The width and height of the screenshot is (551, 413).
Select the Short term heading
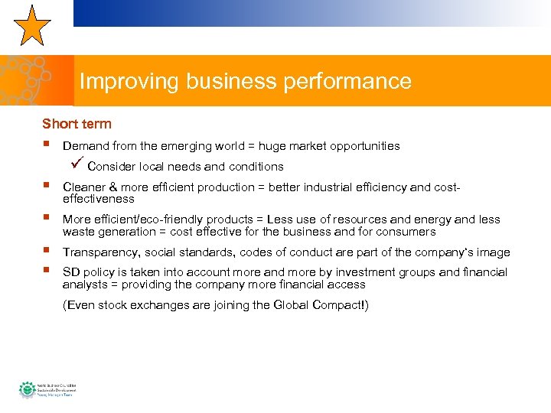click(77, 124)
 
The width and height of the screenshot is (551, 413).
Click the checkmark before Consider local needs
click(75, 165)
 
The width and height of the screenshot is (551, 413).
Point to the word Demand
click(86, 145)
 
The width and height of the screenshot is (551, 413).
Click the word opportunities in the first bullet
click(361, 145)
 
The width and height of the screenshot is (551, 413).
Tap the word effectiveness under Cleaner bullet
click(98, 199)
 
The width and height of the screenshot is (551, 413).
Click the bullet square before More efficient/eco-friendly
click(47, 219)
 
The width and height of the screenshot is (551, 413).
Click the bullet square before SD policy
click(47, 272)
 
